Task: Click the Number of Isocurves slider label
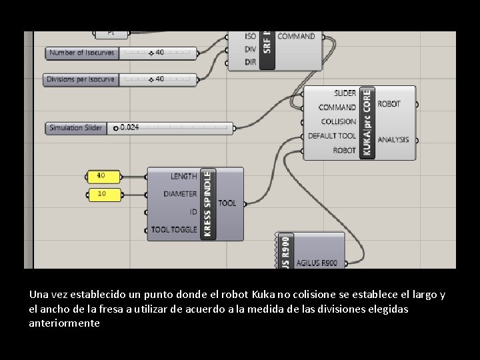tap(81, 53)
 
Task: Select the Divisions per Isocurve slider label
tap(80, 79)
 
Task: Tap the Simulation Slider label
tap(75, 127)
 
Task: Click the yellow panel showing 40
tap(105, 177)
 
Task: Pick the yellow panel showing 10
tap(105, 194)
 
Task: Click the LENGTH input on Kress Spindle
tap(183, 177)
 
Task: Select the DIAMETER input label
tap(180, 194)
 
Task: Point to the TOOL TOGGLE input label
tap(174, 229)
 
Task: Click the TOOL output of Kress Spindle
tap(227, 203)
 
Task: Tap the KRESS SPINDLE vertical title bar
tap(207, 203)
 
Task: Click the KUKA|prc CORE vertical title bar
tap(367, 123)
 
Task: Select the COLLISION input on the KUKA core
tap(339, 121)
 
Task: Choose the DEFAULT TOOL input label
tap(332, 136)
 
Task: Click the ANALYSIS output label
tap(393, 140)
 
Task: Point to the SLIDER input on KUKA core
tap(345, 93)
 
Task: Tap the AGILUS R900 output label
tap(317, 263)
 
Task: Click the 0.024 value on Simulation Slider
tap(129, 127)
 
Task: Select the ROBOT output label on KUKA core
tap(389, 104)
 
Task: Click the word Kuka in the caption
tap(263, 294)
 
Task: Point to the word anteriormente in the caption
tap(65, 323)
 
